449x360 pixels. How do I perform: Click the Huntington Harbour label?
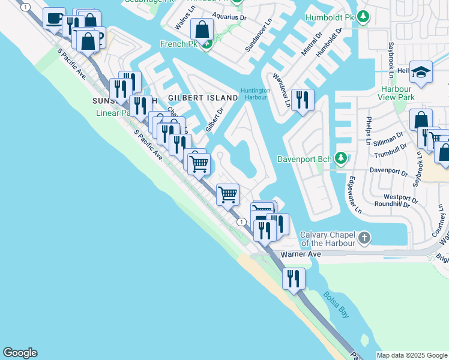pyautogui.click(x=255, y=94)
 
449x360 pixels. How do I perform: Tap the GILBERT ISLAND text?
pyautogui.click(x=203, y=97)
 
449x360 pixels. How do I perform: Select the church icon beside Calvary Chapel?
pyautogui.click(x=364, y=239)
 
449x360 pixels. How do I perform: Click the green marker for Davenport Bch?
pyautogui.click(x=341, y=159)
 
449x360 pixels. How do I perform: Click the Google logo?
pyautogui.click(x=20, y=353)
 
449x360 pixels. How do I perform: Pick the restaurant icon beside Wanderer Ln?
pyautogui.click(x=302, y=100)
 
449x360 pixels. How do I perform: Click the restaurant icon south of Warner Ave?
pyautogui.click(x=294, y=279)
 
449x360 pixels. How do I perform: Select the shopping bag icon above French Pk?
pyautogui.click(x=203, y=29)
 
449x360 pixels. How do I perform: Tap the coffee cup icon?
pyautogui.click(x=54, y=19)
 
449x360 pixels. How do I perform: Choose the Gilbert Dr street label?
pyautogui.click(x=214, y=120)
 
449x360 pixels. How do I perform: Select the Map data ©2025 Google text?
pyautogui.click(x=412, y=355)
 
